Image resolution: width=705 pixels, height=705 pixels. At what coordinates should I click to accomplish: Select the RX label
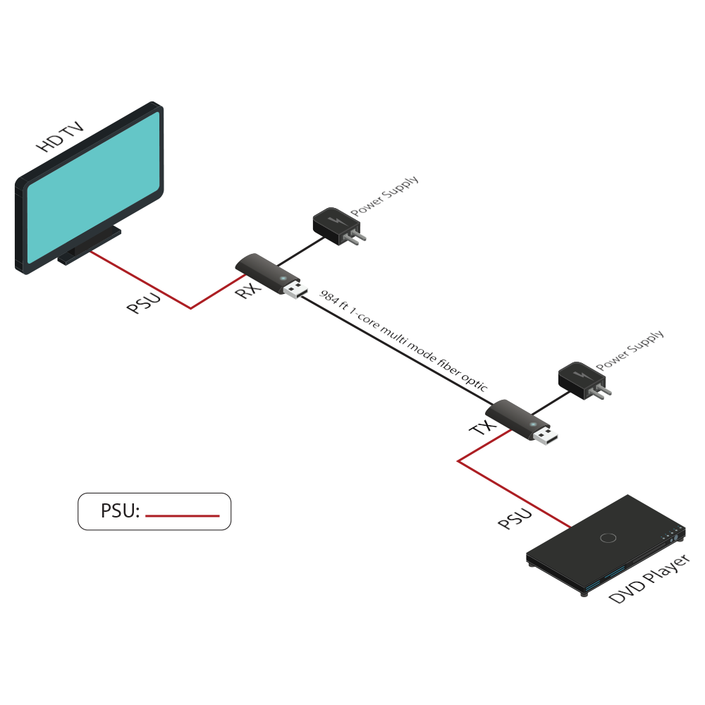point(248,289)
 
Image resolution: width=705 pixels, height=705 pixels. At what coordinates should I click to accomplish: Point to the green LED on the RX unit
point(285,281)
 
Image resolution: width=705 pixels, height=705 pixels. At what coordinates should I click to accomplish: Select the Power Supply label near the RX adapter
point(385,195)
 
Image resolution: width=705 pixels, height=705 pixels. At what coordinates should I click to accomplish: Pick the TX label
point(481,427)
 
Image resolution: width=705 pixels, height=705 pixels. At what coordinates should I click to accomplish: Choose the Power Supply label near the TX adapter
point(630,350)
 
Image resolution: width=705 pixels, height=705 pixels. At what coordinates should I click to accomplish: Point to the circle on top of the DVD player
point(607,538)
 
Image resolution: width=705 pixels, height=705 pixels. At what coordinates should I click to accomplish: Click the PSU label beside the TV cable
point(144,303)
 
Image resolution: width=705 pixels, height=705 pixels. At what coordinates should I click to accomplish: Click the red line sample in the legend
point(183,515)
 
